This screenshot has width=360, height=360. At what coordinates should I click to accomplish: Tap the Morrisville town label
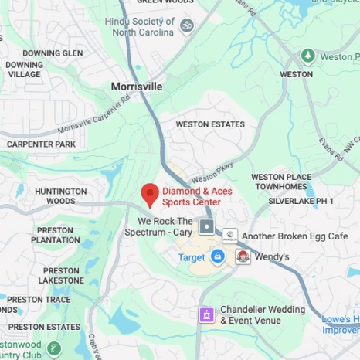point(137,87)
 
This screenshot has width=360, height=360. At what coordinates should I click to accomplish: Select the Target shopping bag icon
point(218,256)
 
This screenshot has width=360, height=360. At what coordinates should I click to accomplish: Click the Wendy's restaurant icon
point(243,256)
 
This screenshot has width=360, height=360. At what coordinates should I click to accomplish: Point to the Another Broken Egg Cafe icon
point(229,236)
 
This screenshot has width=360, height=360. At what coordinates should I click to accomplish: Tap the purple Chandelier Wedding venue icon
point(206,314)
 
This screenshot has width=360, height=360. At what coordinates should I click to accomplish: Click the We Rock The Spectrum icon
point(207,227)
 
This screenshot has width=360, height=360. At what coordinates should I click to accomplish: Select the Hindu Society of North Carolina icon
point(185,26)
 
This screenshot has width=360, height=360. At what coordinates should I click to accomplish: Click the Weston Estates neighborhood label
point(210,124)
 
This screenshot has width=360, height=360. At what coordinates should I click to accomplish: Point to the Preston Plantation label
point(56,235)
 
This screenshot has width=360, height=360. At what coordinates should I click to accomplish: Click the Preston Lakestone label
point(61,276)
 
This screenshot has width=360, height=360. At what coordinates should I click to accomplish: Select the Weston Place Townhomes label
point(280,182)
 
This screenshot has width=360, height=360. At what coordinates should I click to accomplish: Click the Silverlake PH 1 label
point(301,201)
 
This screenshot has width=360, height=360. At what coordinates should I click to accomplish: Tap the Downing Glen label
point(53,53)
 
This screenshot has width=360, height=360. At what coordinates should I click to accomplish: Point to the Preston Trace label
point(39,300)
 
